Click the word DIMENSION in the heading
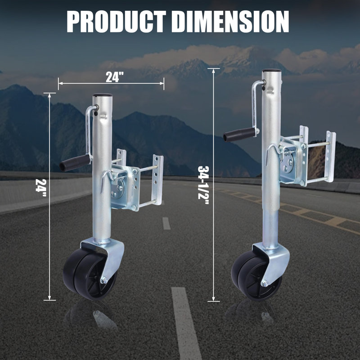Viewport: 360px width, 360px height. click(230, 22)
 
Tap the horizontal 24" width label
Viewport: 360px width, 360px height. click(115, 77)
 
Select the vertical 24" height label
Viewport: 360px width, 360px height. click(41, 188)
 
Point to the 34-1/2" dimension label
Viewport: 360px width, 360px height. click(203, 185)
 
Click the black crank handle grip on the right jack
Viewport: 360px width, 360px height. click(239, 135)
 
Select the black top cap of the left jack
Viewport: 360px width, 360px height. click(103, 95)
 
